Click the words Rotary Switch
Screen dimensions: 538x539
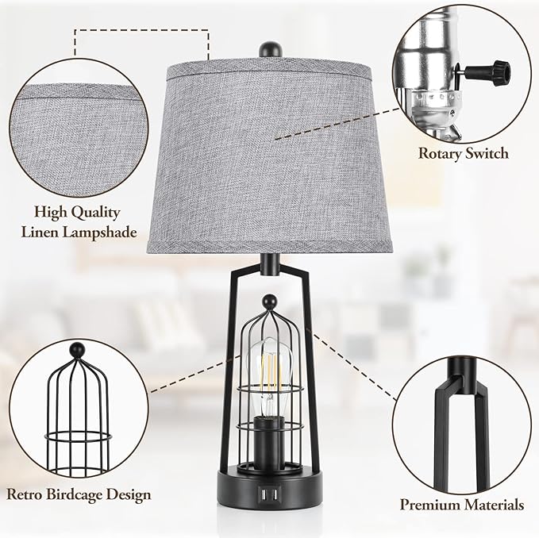click(464, 153)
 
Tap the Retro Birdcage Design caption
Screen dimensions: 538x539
click(79, 494)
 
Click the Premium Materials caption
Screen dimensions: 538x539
click(461, 504)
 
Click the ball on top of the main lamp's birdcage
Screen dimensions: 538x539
click(269, 302)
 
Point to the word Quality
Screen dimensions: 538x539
click(94, 213)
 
